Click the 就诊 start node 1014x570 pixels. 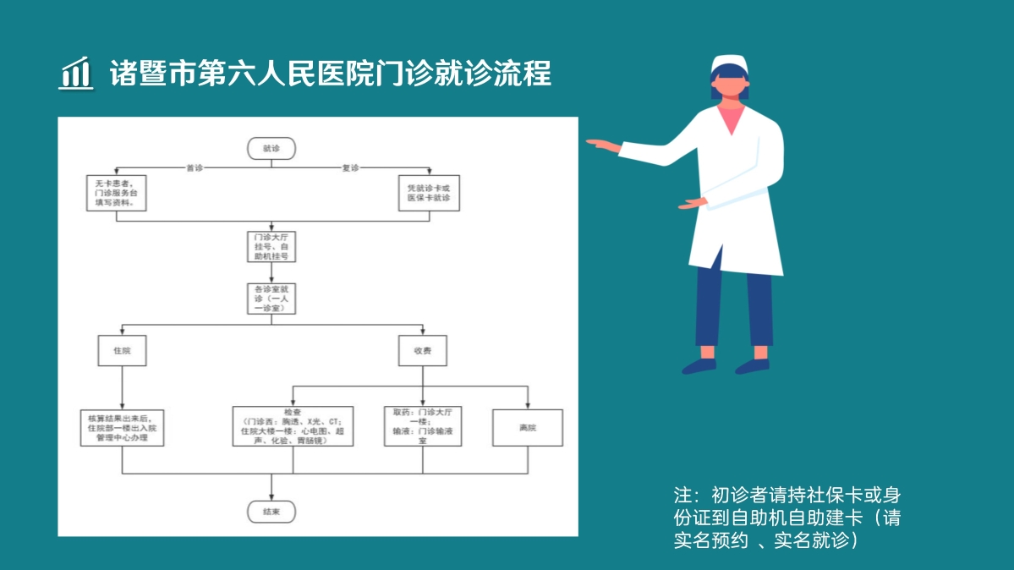(271, 148)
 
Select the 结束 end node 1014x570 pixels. (271, 512)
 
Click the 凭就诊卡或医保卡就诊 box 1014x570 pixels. (429, 193)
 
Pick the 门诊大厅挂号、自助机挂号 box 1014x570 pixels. (271, 245)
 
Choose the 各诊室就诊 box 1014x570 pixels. (271, 299)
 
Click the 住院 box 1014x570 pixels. (122, 350)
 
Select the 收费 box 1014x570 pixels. (423, 350)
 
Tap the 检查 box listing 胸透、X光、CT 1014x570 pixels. (293, 426)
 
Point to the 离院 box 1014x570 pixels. (528, 427)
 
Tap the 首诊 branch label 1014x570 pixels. (195, 167)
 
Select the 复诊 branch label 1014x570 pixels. (350, 167)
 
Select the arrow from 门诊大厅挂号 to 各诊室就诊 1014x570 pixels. (271, 272)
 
